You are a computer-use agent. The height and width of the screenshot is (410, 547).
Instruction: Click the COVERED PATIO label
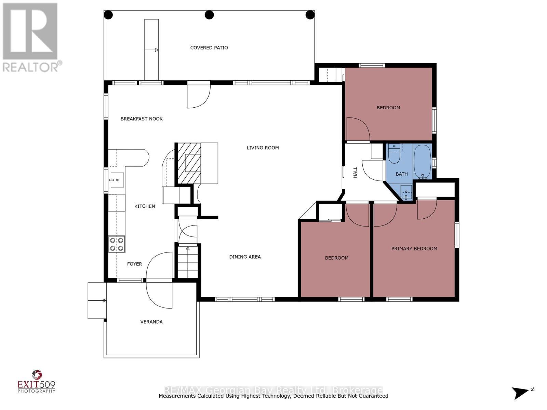pos(209,48)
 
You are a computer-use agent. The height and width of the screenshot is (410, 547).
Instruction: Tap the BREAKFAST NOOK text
pos(142,119)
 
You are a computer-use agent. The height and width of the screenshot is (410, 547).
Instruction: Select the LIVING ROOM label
pos(263,148)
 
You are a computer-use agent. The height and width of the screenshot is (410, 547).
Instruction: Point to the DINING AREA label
pos(245,257)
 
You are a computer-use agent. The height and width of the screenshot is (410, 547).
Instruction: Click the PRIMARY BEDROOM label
pos(414,249)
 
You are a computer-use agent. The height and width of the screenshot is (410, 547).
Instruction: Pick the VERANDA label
pos(151,322)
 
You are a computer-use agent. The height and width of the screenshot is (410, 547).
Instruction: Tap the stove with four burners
pos(117,244)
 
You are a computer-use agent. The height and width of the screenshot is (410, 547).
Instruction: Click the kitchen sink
pos(116,180)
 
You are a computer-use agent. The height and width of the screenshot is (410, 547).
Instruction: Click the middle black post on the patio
pos(209,15)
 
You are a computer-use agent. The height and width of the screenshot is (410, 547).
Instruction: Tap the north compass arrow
pos(521,392)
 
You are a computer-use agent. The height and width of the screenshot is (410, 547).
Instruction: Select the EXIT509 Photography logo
pos(36,381)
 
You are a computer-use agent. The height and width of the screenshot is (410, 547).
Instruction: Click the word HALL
pos(355,173)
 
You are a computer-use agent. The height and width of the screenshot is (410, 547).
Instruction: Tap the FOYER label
pos(134,264)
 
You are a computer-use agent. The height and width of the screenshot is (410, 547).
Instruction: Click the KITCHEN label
pos(144,206)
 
